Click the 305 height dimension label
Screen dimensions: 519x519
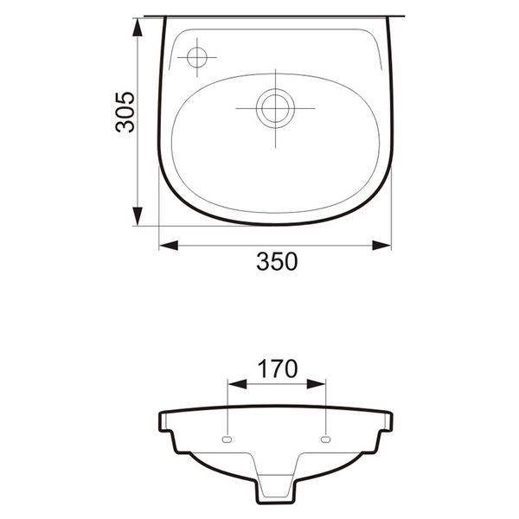tap(125, 112)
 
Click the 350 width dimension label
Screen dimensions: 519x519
tap(277, 261)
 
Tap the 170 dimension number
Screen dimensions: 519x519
tap(278, 368)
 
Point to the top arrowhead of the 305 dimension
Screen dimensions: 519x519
tap(138, 27)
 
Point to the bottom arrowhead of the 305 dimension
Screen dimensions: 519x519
tap(138, 216)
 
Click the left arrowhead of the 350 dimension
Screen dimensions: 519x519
tap(169, 246)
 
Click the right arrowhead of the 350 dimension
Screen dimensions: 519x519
tap(381, 246)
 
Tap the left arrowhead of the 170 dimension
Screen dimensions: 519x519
tap(238, 384)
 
